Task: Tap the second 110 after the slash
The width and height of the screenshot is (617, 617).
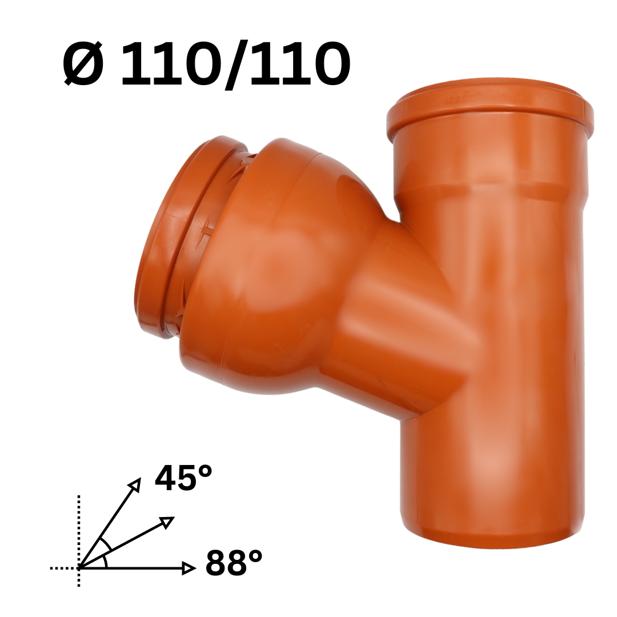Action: (x=299, y=64)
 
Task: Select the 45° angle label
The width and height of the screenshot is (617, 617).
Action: (x=183, y=478)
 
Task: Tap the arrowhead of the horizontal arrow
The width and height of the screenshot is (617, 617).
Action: (x=189, y=568)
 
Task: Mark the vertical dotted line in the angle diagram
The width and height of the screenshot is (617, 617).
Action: (x=79, y=540)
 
